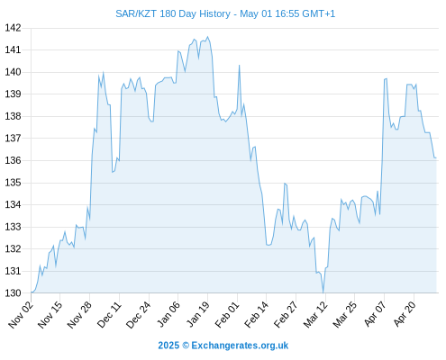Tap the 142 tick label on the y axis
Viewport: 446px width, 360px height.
pos(13,28)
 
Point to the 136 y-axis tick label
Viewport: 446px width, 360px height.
pos(13,160)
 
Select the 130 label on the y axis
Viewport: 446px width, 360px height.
pos(13,293)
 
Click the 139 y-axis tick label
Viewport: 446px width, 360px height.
pos(13,94)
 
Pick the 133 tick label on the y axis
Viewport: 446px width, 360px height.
pos(13,227)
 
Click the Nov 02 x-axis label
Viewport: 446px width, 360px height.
pos(21,314)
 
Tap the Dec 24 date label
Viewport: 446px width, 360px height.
pos(139,314)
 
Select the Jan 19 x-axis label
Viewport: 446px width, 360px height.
pos(197,314)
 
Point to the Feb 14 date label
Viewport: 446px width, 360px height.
pos(257,314)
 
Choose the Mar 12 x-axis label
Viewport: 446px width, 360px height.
pos(315,314)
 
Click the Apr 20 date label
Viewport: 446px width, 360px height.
pos(405,314)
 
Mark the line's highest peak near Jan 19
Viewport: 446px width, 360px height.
pos(207,37)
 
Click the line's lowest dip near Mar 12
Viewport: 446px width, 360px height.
pos(323,292)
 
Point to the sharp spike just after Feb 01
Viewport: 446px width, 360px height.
pos(240,65)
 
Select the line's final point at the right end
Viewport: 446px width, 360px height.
pos(436,157)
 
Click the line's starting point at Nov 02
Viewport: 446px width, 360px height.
pos(32,292)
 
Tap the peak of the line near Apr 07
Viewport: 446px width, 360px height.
pos(387,78)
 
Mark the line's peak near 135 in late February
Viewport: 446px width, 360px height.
pos(285,184)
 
